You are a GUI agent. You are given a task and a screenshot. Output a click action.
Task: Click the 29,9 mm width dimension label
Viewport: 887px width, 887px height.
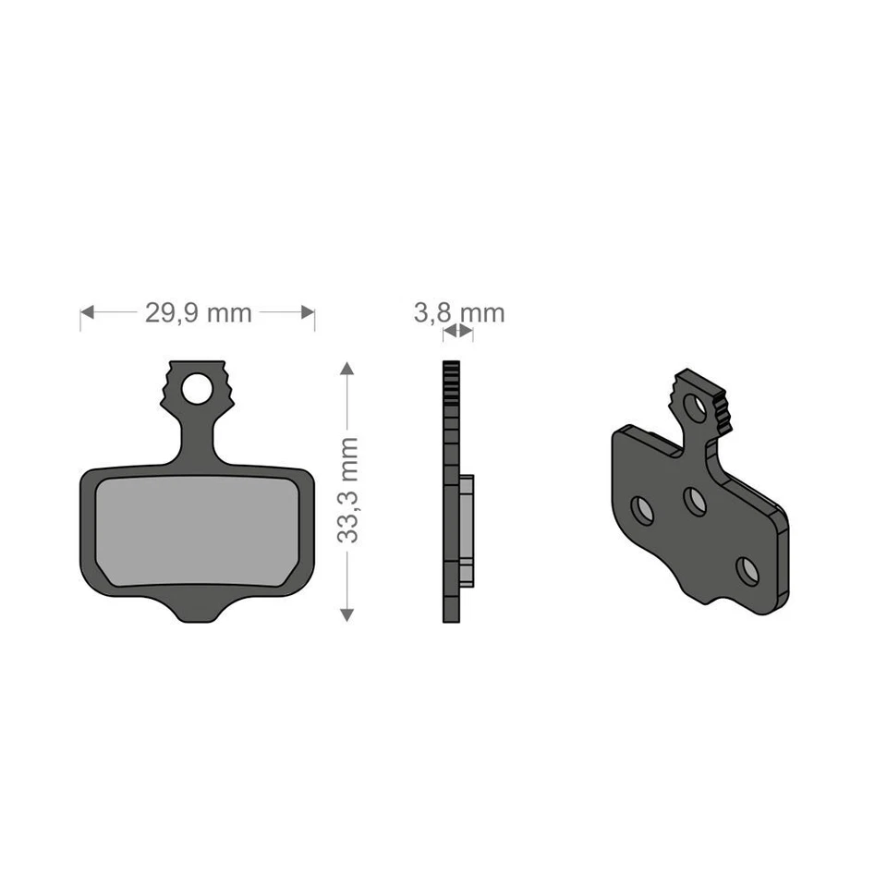pyautogui.click(x=198, y=313)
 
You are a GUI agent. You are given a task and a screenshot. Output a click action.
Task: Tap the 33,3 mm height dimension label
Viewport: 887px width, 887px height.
pyautogui.click(x=347, y=490)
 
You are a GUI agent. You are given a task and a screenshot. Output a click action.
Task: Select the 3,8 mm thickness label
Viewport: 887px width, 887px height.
pyautogui.click(x=458, y=313)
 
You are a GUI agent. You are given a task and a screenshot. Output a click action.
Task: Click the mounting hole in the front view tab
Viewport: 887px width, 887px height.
pyautogui.click(x=197, y=389)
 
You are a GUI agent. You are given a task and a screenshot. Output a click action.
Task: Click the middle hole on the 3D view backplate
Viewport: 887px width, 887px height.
pyautogui.click(x=695, y=501)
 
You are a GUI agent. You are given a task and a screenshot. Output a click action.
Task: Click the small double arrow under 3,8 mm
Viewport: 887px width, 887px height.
pyautogui.click(x=458, y=330)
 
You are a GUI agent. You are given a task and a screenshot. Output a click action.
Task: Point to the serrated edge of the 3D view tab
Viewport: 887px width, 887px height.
pyautogui.click(x=723, y=411)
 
